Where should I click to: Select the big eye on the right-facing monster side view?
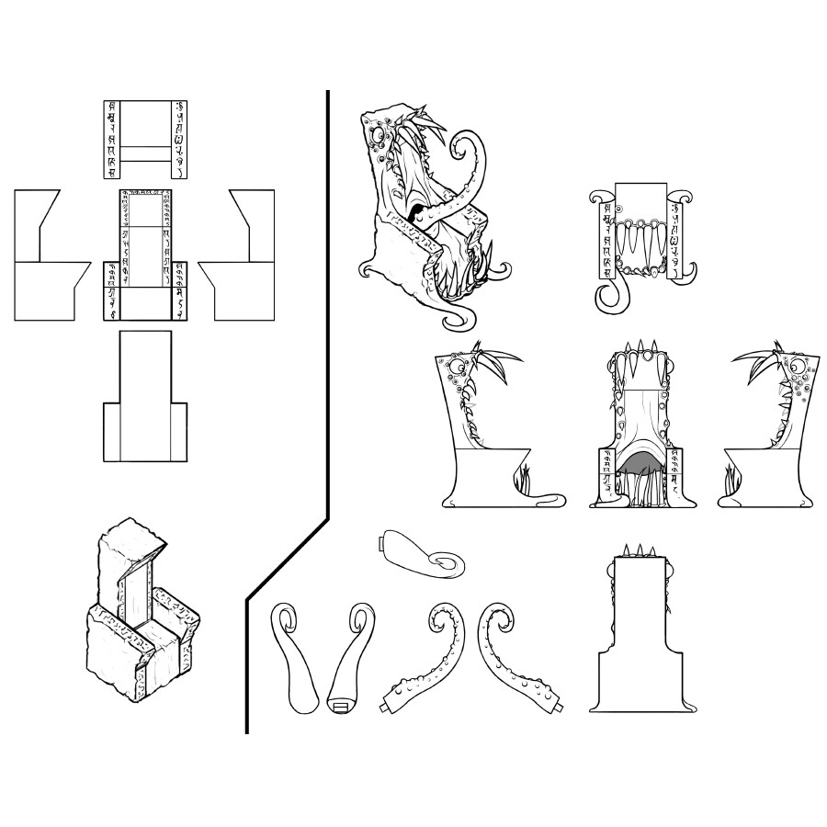click(799, 369)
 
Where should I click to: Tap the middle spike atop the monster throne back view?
click(637, 549)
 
